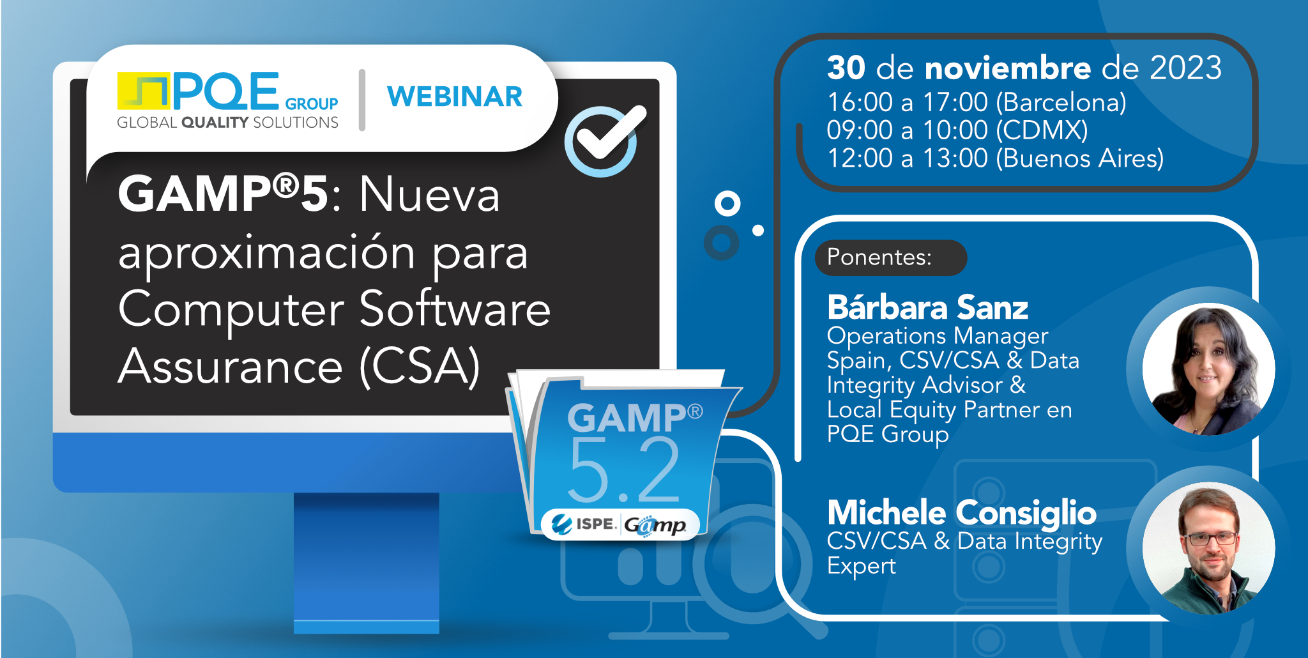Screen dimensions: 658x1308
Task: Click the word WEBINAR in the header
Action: (x=455, y=97)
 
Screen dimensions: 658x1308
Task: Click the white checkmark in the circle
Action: (x=607, y=134)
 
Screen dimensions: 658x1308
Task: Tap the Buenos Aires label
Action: (x=1079, y=158)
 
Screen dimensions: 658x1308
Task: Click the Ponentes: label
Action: (x=879, y=257)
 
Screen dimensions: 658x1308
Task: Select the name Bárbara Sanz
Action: (x=927, y=308)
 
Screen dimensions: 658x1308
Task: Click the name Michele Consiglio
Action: (x=961, y=513)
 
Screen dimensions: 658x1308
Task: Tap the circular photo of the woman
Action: (x=1208, y=369)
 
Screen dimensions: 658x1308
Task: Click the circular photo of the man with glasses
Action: (x=1208, y=548)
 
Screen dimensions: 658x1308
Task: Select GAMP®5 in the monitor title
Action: (x=223, y=194)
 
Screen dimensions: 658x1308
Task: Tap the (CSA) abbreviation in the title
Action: (x=419, y=367)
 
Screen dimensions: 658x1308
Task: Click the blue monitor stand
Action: (x=366, y=562)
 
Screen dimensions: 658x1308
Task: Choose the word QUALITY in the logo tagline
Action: (x=215, y=123)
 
